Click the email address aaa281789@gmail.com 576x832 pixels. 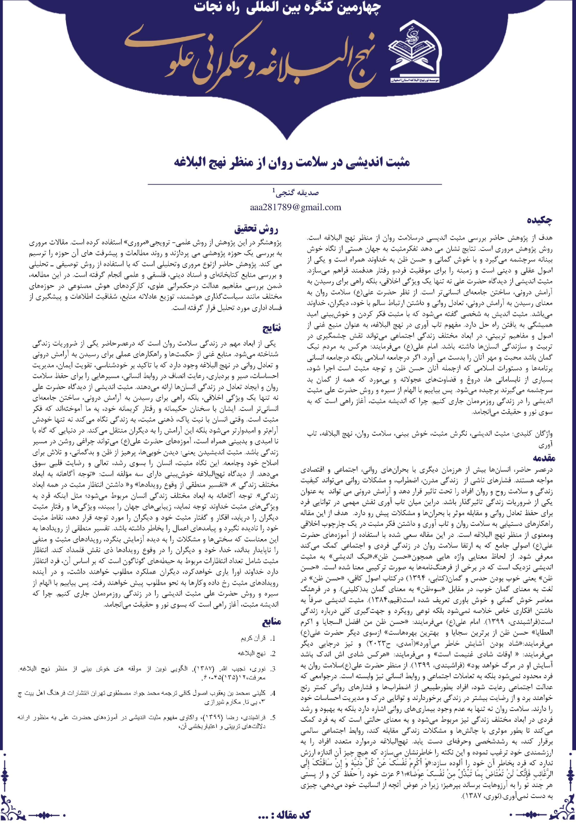(x=295, y=207)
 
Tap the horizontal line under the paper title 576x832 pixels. (x=295, y=184)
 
